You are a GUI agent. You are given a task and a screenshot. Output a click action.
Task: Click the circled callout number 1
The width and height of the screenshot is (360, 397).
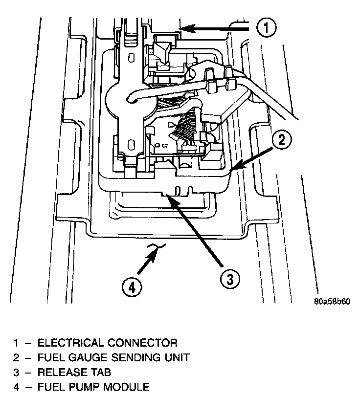pos(267,27)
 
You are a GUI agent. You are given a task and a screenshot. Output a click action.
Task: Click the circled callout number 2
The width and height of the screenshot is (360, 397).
pos(281,139)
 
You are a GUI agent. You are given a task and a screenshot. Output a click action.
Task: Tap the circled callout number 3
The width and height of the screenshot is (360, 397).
pos(230,280)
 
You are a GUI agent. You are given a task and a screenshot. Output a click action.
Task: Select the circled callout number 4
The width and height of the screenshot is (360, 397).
pos(132,288)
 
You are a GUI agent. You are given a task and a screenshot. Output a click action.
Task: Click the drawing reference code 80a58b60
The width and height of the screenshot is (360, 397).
pos(332,302)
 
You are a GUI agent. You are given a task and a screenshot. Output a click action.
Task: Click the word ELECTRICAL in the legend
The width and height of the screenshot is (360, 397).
pos(70,343)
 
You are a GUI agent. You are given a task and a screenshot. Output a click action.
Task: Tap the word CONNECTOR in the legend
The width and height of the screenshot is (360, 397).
pos(143,343)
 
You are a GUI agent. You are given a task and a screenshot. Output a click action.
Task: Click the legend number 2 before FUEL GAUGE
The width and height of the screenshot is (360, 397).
pos(16,357)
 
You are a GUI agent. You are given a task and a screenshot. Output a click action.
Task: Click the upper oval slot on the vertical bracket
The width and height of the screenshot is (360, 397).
pos(131,58)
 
